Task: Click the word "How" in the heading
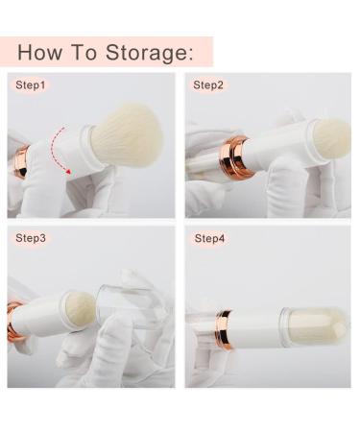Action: coord(39,52)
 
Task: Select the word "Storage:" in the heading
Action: coord(150,54)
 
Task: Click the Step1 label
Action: coord(31,85)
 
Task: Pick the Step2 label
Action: coord(208,85)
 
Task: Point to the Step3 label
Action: coord(31,238)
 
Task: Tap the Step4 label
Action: coord(209,238)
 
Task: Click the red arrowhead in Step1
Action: coord(68,172)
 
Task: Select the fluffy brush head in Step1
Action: coord(128,134)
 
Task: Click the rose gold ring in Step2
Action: coord(234,156)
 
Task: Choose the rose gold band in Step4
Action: coord(224,329)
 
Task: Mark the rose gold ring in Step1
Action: coord(21,161)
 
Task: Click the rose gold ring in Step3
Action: coord(13,322)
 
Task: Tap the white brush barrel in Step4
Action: coord(257,327)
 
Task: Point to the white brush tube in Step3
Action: coord(40,317)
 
